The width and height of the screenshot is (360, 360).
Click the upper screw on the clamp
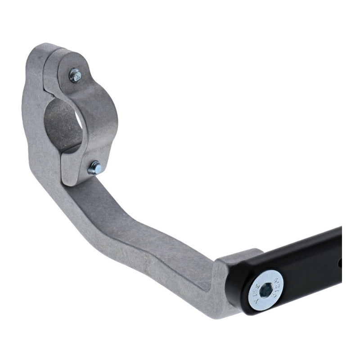[75, 75]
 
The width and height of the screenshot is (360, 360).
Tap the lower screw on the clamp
[95, 167]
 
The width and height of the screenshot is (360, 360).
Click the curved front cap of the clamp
[101, 112]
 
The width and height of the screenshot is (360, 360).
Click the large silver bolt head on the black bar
[266, 290]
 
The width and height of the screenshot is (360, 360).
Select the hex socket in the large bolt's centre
[266, 290]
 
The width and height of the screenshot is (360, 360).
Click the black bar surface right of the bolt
[310, 270]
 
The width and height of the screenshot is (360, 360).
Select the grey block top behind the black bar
[238, 254]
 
